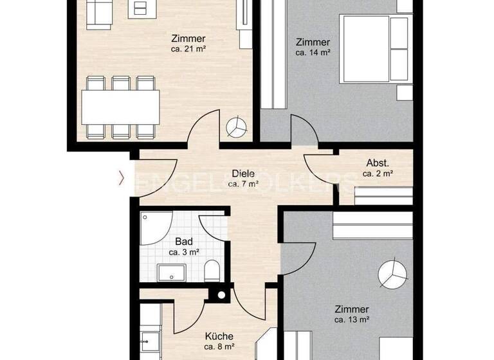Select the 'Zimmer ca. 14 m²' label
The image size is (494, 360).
[313, 48]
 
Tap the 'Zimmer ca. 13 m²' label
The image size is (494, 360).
[351, 314]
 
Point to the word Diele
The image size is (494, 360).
[243, 174]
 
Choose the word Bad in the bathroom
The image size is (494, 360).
[183, 242]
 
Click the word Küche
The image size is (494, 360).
[219, 336]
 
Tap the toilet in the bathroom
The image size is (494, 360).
[212, 271]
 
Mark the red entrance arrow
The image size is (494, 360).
[120, 178]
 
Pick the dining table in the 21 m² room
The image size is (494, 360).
[120, 107]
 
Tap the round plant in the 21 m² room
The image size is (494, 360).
[237, 126]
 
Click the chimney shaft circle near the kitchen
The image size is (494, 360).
[221, 296]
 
